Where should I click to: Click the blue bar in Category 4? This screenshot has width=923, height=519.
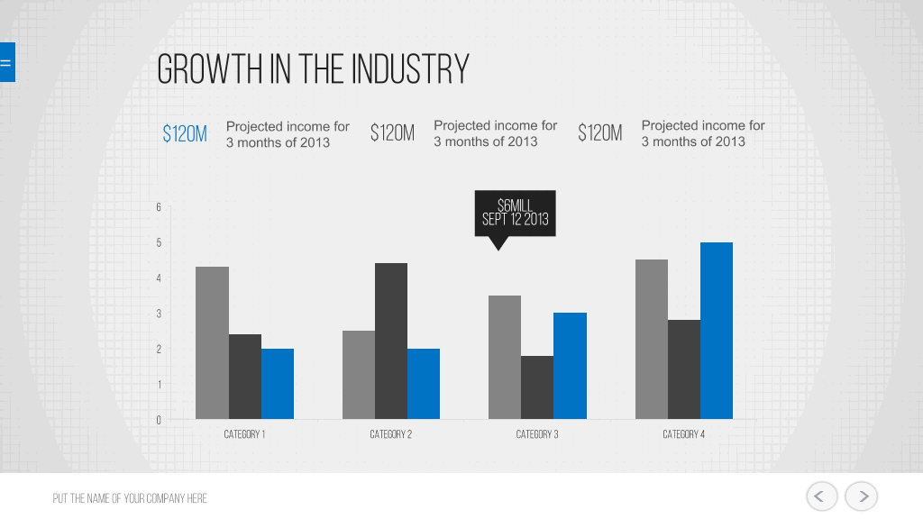pos(717,331)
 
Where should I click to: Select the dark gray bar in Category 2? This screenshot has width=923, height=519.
pos(391,341)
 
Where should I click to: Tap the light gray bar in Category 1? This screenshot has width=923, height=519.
pos(212,343)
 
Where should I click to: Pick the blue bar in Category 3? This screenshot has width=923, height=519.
pos(570,366)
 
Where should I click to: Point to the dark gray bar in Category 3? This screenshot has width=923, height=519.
pos(537,387)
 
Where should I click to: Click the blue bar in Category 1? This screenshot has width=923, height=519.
pos(278,384)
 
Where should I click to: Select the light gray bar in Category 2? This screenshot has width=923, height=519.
pos(359,375)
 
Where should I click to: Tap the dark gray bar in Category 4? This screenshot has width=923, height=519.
pos(684,369)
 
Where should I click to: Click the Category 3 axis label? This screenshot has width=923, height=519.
pos(537,434)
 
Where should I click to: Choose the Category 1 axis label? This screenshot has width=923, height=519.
pos(244,434)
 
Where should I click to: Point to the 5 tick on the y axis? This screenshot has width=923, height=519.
pos(159,242)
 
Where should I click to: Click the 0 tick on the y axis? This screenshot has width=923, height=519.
pos(159,420)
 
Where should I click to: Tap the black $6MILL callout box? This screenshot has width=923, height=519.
pos(515,213)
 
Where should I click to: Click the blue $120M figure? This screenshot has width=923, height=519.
pos(185,134)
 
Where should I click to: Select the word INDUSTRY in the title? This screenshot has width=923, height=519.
pos(410,68)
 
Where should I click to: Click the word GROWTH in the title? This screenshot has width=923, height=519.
pos(209,68)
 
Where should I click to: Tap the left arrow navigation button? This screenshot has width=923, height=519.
pos(822,496)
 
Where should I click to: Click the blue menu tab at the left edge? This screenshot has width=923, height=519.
pos(7,62)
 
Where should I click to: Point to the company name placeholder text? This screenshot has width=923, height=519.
pos(130,498)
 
